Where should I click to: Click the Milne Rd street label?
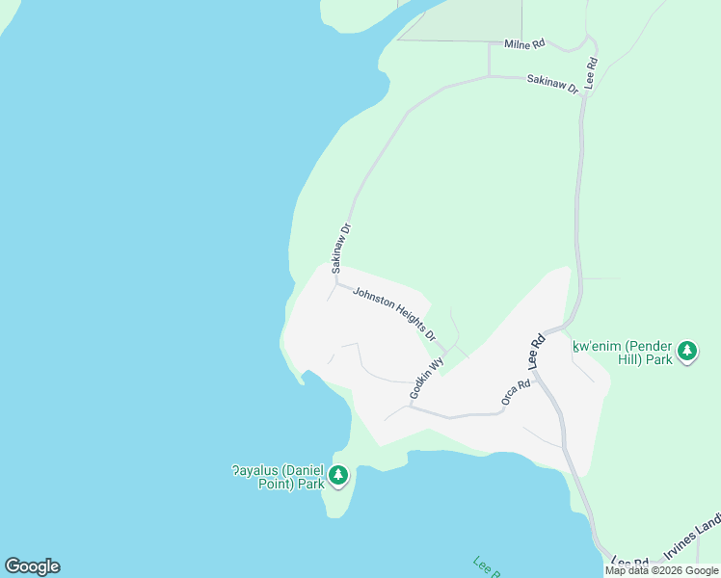(524, 43)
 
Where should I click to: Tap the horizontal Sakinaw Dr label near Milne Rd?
(552, 84)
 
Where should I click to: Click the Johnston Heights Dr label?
(393, 315)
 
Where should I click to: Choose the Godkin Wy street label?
(425, 379)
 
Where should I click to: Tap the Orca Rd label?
(516, 392)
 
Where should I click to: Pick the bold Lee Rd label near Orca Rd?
(537, 352)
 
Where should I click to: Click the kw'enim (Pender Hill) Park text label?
(622, 352)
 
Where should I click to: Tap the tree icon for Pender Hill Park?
(687, 351)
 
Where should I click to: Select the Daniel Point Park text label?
(278, 477)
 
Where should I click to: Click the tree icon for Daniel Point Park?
(338, 475)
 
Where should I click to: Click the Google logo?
(32, 566)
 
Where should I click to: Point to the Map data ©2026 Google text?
(662, 570)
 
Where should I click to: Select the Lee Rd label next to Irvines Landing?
(630, 563)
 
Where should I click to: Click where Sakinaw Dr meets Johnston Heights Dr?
(335, 282)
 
